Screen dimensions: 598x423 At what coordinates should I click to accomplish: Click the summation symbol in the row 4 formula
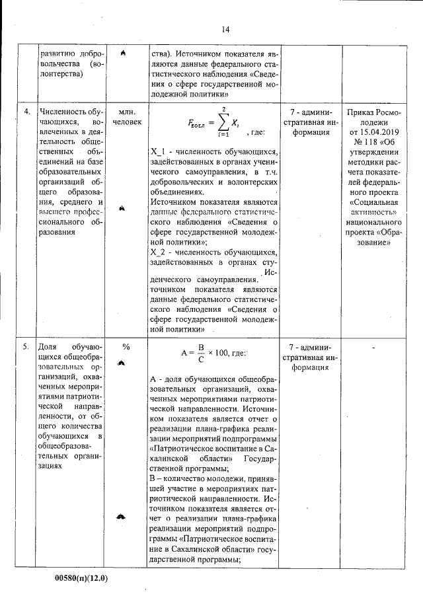(x=224, y=122)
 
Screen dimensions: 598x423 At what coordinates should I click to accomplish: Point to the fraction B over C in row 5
(x=198, y=353)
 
